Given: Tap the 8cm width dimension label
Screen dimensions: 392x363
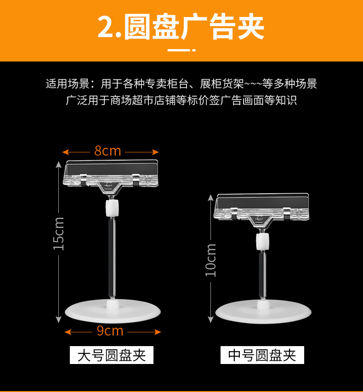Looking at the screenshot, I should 108,151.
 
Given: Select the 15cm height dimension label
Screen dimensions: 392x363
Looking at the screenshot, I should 58,234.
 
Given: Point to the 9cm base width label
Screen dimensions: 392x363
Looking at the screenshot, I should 110,330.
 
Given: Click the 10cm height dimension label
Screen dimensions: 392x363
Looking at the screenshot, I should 210,260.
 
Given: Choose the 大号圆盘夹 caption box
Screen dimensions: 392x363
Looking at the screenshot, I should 112,355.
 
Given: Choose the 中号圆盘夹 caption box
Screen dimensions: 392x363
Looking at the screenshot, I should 262,355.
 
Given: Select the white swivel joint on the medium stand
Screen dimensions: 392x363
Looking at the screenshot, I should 262,241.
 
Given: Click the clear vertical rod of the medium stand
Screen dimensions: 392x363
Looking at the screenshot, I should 262,275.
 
